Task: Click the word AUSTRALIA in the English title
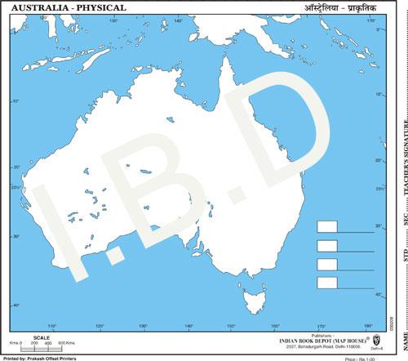click(33, 7)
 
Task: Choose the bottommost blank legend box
click(327, 283)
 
